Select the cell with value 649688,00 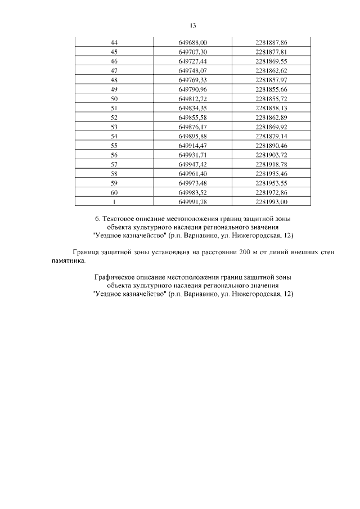click(193, 42)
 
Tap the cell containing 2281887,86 click(271, 42)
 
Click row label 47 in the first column click(114, 70)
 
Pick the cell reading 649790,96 click(193, 88)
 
